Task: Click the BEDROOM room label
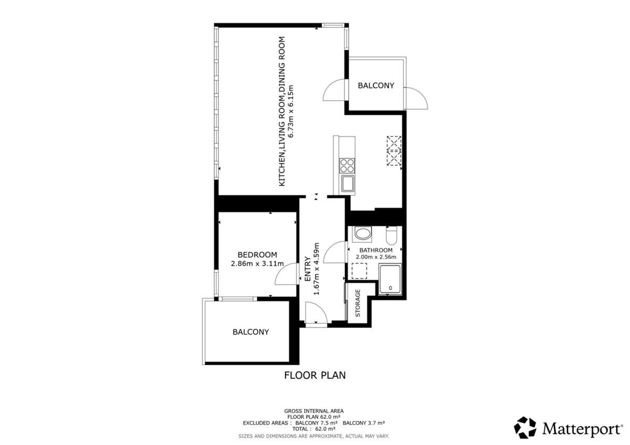coord(257,255)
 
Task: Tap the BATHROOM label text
coord(376,250)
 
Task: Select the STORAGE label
coord(358,303)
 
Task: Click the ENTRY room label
coord(308,269)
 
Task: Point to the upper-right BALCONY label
coord(376,86)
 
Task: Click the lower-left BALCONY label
coord(250,332)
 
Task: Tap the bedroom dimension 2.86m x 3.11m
coord(257,264)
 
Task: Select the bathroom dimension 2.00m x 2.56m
coord(376,257)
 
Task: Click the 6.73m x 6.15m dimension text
coord(291,111)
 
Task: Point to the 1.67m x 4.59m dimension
coord(317,269)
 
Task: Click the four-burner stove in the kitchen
coord(347,166)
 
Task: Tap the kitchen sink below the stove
coord(348,184)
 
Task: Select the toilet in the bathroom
coord(391,236)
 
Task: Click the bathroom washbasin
coord(362,234)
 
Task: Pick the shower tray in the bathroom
coord(390,279)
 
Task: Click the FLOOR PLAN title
coord(314,375)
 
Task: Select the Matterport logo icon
coord(525,428)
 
